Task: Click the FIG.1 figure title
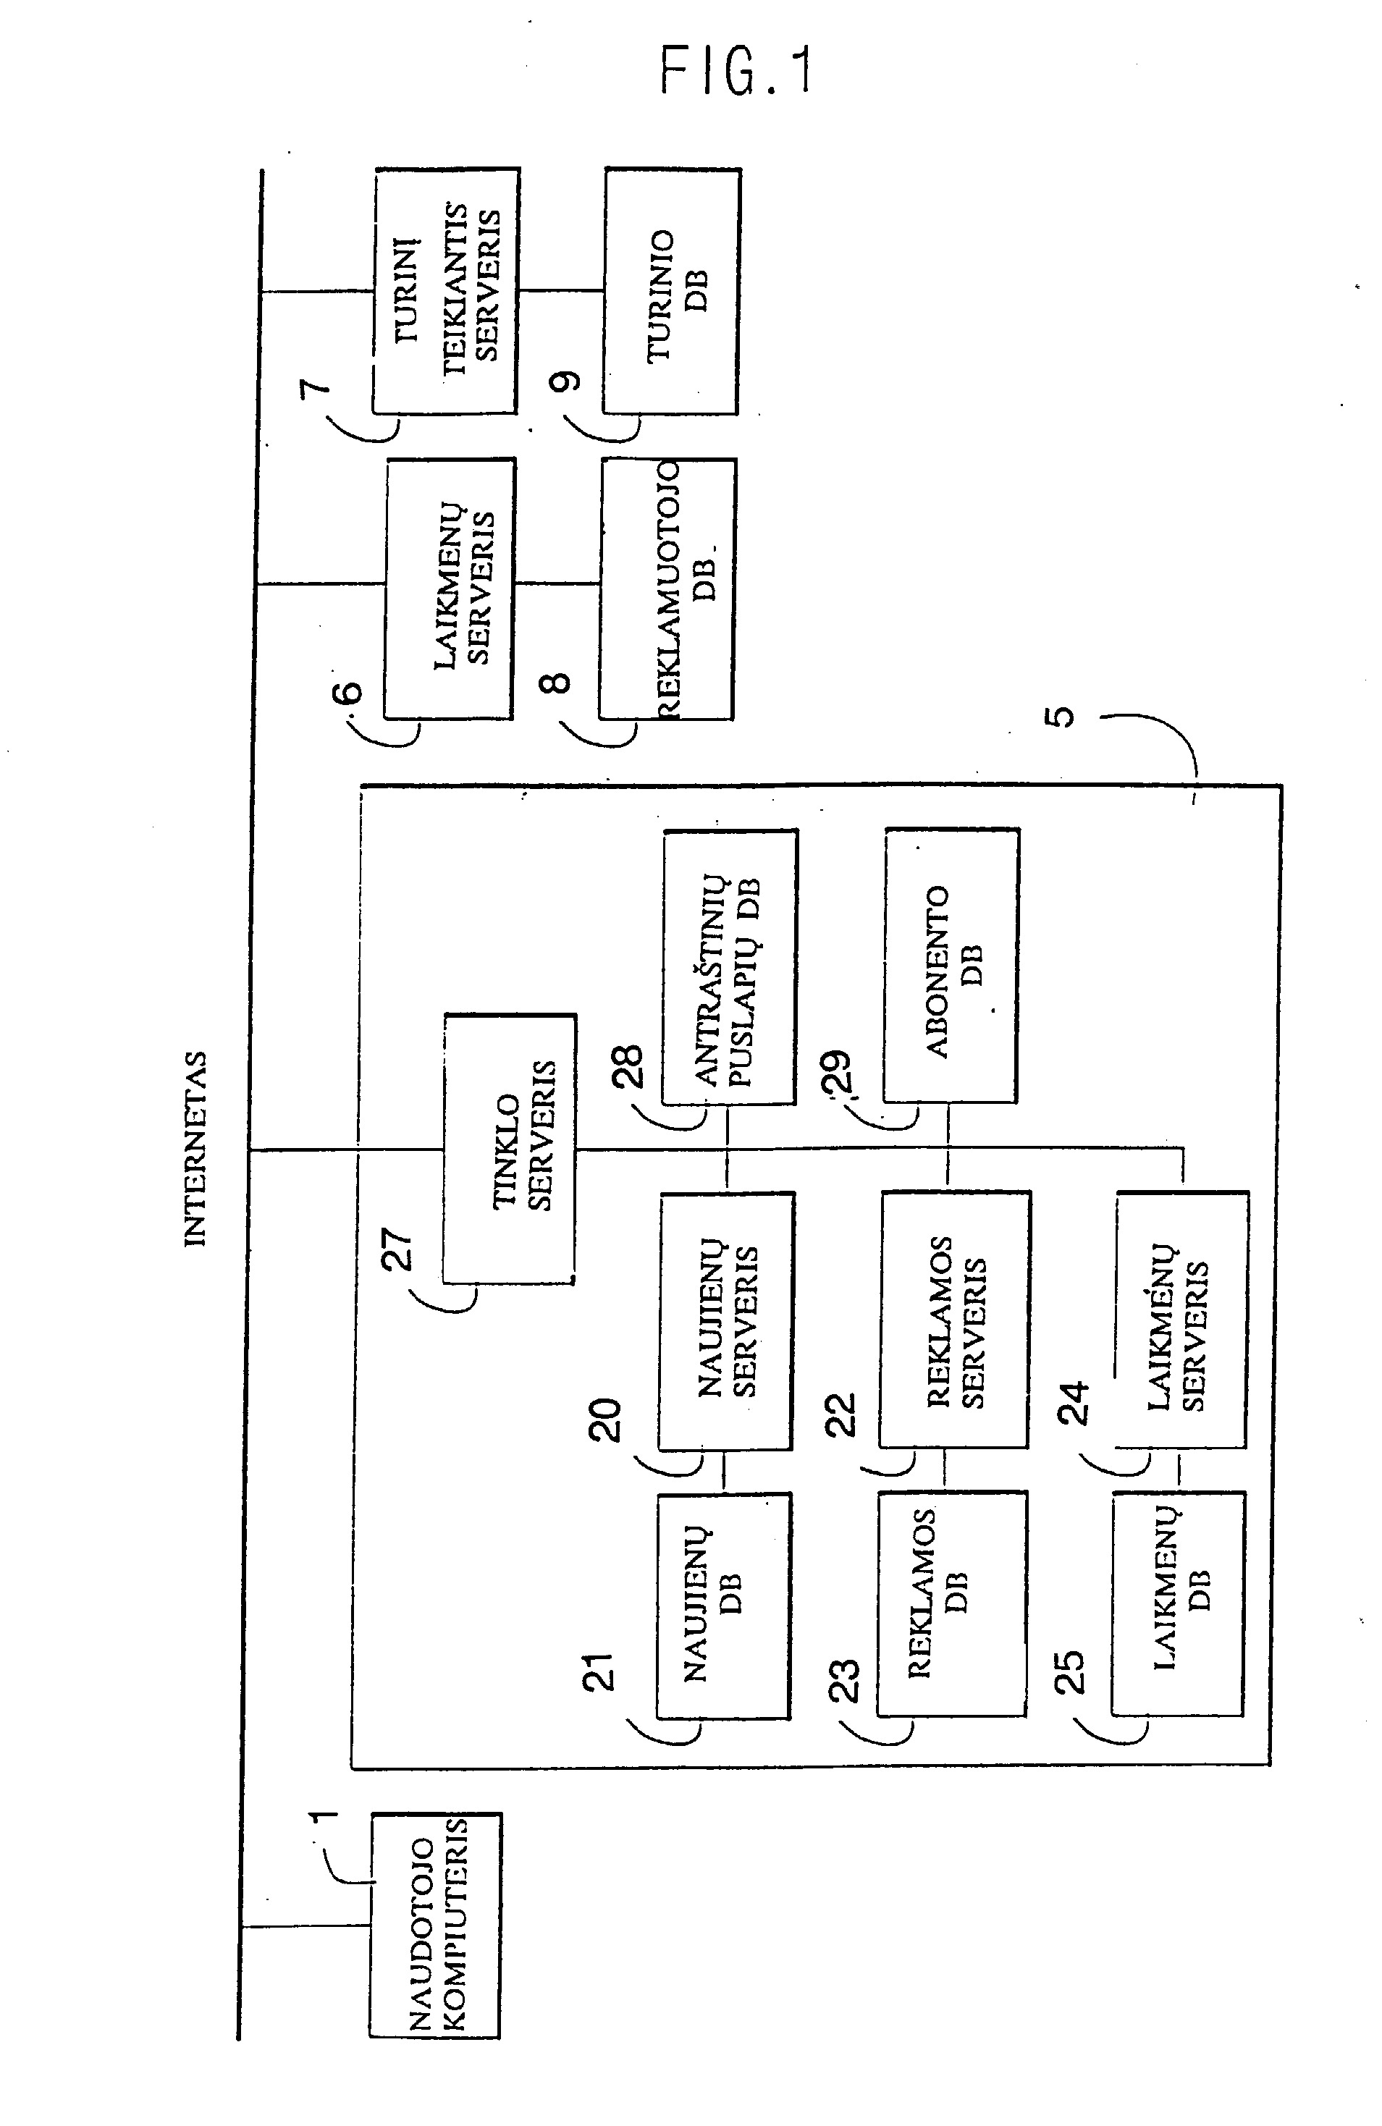736,72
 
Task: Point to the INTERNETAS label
195,1149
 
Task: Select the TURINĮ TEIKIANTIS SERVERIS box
445,291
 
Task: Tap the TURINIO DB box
672,291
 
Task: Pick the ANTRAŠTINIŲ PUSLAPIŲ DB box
729,967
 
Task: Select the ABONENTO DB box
951,966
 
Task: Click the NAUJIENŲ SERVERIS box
726,1320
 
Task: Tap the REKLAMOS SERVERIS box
954,1320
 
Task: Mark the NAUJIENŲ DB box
724,1606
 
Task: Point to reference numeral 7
314,392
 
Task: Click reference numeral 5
1061,717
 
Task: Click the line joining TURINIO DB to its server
561,290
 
